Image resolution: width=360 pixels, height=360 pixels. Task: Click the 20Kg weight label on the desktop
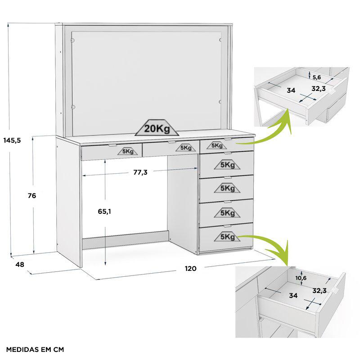point(157,128)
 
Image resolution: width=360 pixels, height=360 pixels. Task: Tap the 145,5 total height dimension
point(12,140)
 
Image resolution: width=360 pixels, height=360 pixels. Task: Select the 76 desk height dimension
point(32,196)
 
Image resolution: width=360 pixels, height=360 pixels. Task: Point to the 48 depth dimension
point(20,265)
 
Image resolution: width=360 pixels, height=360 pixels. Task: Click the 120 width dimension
point(190,268)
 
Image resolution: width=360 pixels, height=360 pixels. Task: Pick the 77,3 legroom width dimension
point(140,172)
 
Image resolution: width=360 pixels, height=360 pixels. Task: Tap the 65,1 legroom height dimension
point(104,211)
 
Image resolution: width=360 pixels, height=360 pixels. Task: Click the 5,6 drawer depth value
point(317,77)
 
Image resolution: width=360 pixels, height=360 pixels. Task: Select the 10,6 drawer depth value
point(301,278)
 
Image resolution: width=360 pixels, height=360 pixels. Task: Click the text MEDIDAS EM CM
point(35,350)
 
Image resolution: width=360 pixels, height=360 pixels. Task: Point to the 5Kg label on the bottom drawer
point(227,237)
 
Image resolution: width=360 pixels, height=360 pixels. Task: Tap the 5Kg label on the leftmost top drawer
point(128,151)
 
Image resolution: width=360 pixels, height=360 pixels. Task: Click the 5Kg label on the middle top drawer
point(186,148)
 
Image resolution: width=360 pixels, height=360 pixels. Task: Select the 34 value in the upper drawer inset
point(291,90)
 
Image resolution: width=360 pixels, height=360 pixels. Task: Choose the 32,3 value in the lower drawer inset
point(319,291)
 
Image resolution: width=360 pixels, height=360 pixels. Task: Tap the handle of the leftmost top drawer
point(112,145)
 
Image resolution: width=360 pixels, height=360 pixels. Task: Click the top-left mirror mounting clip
point(73,40)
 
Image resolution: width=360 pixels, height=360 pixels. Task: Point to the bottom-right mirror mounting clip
point(220,102)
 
